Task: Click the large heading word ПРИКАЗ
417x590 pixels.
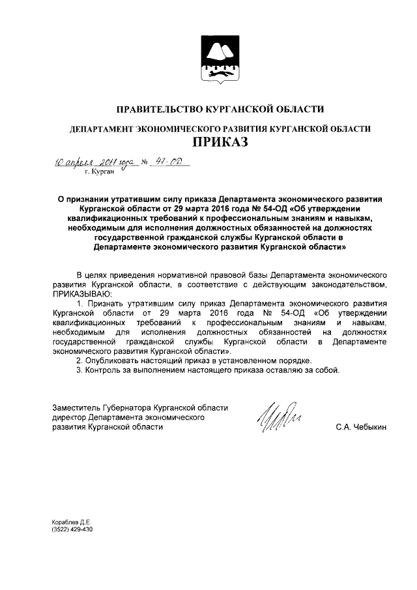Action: tap(220, 141)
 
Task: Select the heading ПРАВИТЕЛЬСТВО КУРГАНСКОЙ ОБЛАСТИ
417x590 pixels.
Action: tap(220, 108)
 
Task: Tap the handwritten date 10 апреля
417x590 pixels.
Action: tap(70, 161)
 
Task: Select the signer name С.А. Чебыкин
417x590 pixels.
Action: tap(361, 427)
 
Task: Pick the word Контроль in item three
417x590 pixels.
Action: tap(104, 370)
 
